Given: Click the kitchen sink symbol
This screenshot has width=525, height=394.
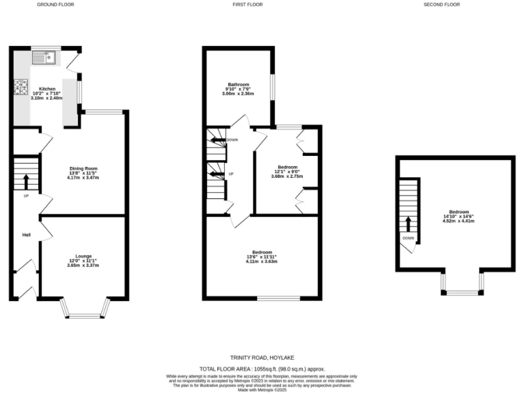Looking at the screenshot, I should click(x=46, y=57).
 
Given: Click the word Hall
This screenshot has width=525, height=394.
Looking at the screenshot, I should click(x=26, y=235).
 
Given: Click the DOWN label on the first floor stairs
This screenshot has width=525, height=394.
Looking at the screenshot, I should click(x=232, y=140).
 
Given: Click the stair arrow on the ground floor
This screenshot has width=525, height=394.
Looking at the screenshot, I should click(x=26, y=181).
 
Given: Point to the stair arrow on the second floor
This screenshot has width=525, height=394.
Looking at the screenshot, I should click(x=408, y=224).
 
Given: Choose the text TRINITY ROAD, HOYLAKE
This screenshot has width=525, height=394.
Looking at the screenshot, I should click(x=262, y=358).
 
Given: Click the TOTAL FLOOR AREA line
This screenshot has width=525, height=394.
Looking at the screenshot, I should click(x=262, y=369).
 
